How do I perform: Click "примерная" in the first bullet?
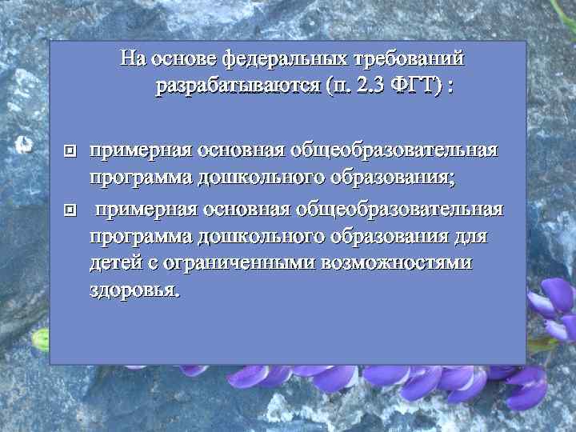point(140,150)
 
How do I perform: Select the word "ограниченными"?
point(239,265)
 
